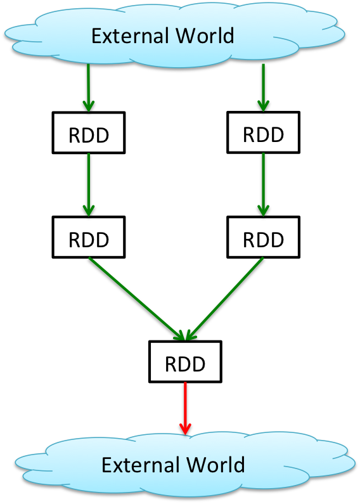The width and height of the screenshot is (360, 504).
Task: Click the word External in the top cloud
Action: click(x=130, y=36)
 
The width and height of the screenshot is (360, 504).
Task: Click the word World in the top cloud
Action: click(x=205, y=36)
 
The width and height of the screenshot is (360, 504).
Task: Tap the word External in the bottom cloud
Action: click(x=141, y=465)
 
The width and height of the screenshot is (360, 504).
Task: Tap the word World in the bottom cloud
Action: click(x=215, y=465)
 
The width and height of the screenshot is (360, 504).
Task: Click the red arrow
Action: click(x=185, y=408)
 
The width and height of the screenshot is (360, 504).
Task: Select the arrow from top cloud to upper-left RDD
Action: click(x=88, y=87)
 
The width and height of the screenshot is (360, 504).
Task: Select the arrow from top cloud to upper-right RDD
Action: click(x=263, y=87)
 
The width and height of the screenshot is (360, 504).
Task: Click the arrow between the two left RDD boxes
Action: click(x=88, y=185)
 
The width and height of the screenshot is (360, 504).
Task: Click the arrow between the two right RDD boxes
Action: click(x=263, y=185)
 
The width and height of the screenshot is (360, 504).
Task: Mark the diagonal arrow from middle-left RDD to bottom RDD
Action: click(x=137, y=299)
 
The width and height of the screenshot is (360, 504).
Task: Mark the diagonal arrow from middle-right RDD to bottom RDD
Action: click(x=224, y=299)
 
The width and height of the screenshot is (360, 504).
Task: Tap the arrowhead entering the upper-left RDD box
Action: click(x=88, y=107)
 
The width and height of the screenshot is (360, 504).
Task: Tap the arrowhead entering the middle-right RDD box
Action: click(x=263, y=211)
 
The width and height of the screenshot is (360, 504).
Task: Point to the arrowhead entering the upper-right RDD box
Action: click(x=263, y=107)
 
